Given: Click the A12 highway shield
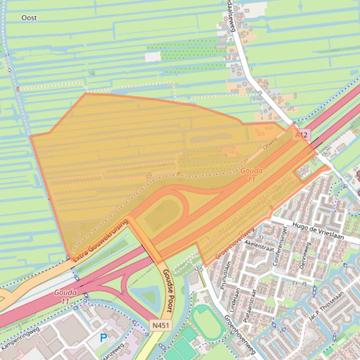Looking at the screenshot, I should click(302, 135).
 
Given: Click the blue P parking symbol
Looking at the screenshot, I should click(103, 338).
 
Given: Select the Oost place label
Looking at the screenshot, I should click(29, 18).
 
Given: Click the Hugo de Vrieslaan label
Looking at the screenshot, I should click(317, 231).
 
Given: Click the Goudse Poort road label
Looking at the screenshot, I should click(168, 290).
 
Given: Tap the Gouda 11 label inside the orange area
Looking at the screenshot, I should click(252, 175).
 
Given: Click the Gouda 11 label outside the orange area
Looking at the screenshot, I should click(65, 296).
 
